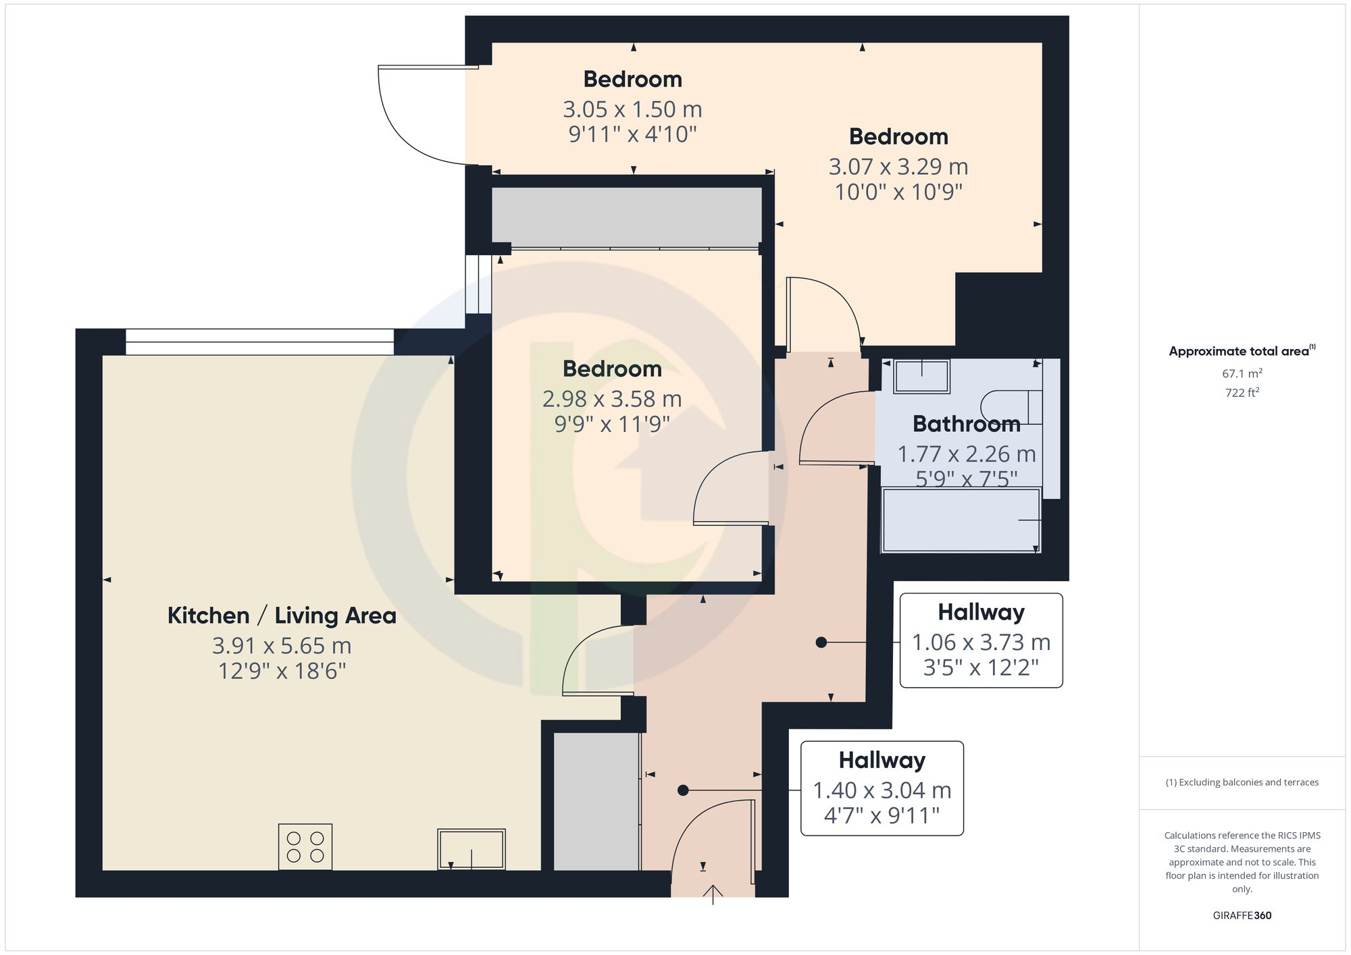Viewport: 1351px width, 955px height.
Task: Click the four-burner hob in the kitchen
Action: pyautogui.click(x=305, y=847)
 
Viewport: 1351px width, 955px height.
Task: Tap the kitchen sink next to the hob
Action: pyautogui.click(x=471, y=849)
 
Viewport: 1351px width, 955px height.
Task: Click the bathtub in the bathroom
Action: pyautogui.click(x=961, y=520)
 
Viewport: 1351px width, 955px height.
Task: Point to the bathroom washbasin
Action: pyautogui.click(x=922, y=376)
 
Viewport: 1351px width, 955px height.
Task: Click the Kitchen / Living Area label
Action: pyautogui.click(x=282, y=616)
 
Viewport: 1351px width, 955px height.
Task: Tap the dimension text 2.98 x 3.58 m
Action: pyautogui.click(x=612, y=399)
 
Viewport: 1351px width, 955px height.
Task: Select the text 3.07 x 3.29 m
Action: pyautogui.click(x=898, y=167)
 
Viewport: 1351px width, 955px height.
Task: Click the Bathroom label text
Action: pyautogui.click(x=966, y=424)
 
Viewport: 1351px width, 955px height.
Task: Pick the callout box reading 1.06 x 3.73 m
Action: pyautogui.click(x=981, y=640)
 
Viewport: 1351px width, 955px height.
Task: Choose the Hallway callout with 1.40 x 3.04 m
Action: pyautogui.click(x=882, y=788)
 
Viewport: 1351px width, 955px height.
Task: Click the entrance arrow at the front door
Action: pyautogui.click(x=713, y=894)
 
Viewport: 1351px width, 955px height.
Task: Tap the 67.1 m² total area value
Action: pyautogui.click(x=1242, y=373)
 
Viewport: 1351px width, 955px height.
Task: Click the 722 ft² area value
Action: pyautogui.click(x=1242, y=393)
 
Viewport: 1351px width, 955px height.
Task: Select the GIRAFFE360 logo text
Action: pyautogui.click(x=1242, y=916)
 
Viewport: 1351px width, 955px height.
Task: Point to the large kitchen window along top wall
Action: pyautogui.click(x=259, y=342)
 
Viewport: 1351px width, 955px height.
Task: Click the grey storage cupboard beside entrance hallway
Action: pyautogui.click(x=596, y=802)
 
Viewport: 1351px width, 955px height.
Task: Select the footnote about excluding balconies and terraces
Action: pyautogui.click(x=1242, y=783)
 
